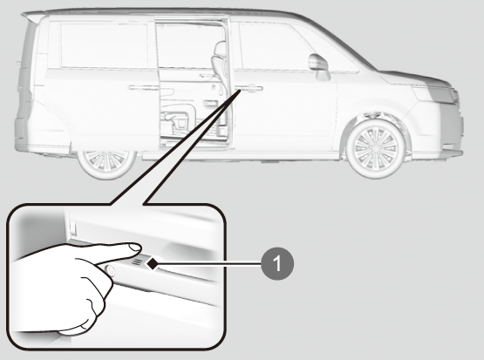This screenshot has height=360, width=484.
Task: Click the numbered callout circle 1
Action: pyautogui.click(x=277, y=264)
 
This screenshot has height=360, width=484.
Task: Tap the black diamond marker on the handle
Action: pyautogui.click(x=152, y=263)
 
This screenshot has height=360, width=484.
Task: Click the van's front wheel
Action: pyautogui.click(x=375, y=149)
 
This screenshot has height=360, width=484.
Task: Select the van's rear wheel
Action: pyautogui.click(x=106, y=165)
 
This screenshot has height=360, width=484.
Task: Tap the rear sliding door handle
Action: pyautogui.click(x=143, y=88)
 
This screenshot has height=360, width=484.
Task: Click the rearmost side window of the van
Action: pyautogui.click(x=104, y=45)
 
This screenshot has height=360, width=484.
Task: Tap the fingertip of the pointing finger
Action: pyautogui.click(x=134, y=248)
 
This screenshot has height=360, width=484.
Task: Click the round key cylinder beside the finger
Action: pyautogui.click(x=110, y=270)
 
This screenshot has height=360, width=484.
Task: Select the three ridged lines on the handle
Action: pyautogui.click(x=138, y=262)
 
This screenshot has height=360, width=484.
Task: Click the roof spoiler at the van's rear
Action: pyautogui.click(x=33, y=16)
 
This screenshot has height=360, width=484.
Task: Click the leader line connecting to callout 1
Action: pyautogui.click(x=209, y=264)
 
